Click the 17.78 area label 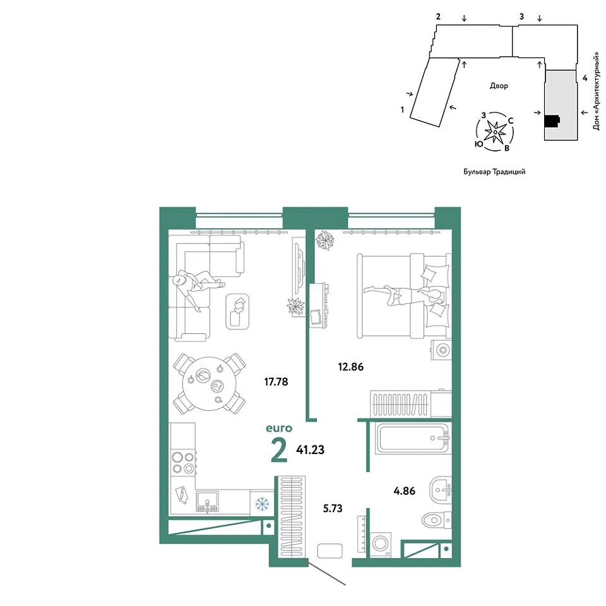276,382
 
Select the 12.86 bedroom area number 351,367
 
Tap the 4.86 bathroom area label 404,491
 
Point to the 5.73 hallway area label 333,508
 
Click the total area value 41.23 311,450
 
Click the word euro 279,428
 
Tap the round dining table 209,384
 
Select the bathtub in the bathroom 412,438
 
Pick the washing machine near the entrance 380,544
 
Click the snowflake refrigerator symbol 262,504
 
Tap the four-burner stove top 183,463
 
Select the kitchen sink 207,502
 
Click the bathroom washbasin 440,490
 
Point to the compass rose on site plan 495,132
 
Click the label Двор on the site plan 499,86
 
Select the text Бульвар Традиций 494,172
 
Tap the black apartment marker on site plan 552,121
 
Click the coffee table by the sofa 237,311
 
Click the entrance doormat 330,550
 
